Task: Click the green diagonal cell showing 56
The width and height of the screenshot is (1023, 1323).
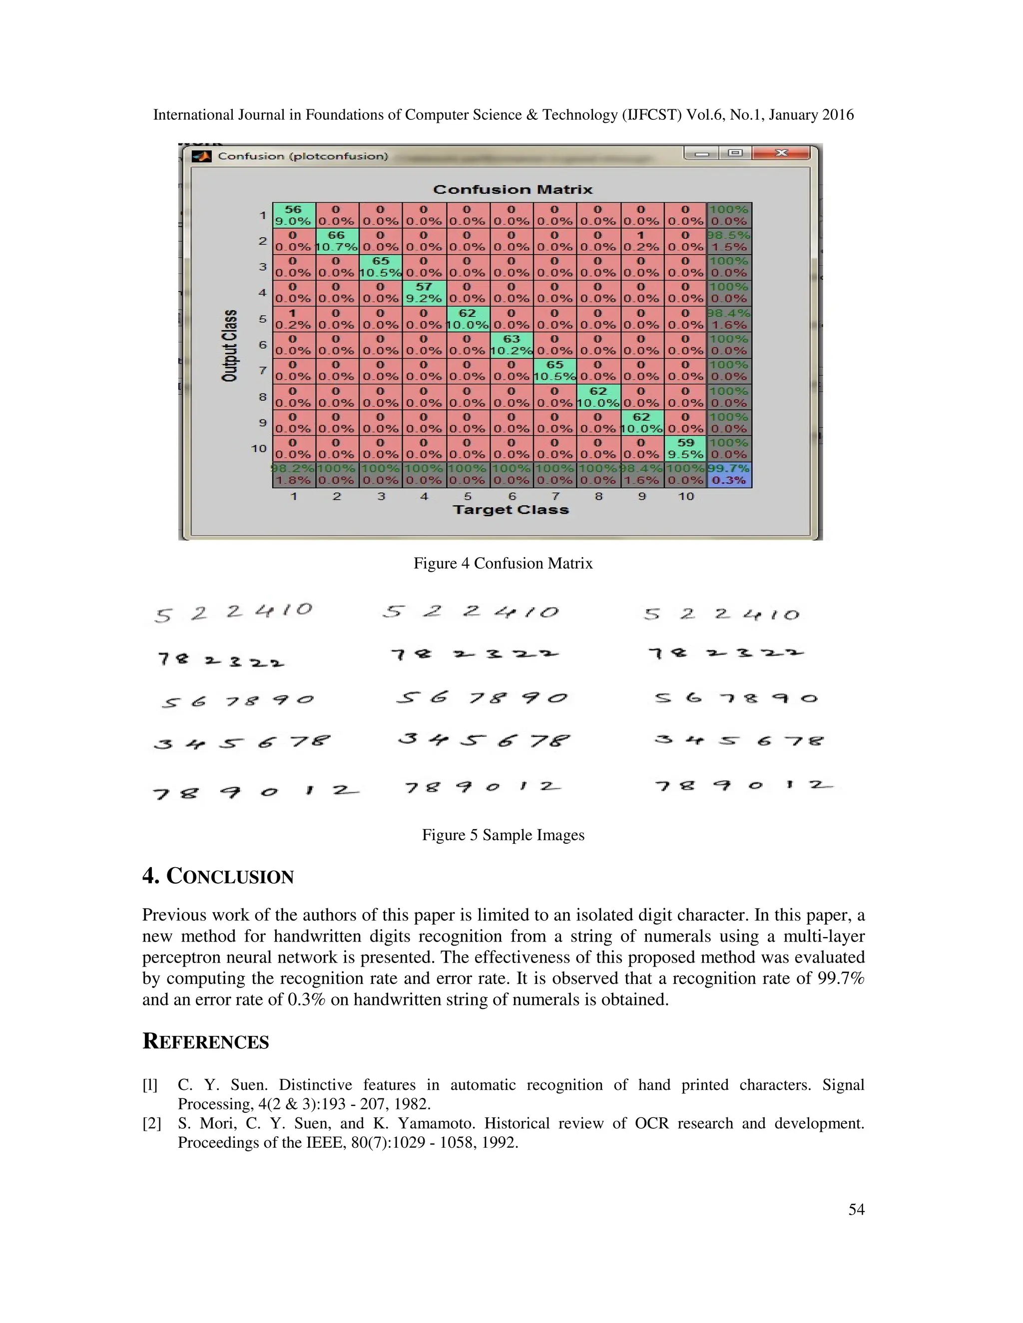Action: click(293, 215)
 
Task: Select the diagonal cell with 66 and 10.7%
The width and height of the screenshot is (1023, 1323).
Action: click(336, 241)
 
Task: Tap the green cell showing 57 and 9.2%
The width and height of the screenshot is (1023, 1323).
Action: click(424, 293)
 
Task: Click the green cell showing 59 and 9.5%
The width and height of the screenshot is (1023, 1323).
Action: click(685, 448)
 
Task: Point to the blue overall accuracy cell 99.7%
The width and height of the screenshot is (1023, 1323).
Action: click(729, 474)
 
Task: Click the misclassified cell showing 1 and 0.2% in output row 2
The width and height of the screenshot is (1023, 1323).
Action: click(641, 241)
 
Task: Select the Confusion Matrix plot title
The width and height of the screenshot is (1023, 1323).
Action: click(512, 190)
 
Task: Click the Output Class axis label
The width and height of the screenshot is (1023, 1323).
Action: click(230, 345)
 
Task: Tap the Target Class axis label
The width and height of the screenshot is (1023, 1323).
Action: click(511, 510)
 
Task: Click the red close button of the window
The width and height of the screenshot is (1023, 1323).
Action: click(781, 153)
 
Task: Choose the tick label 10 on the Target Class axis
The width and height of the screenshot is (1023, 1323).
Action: click(685, 496)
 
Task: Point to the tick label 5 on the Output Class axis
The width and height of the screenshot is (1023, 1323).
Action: click(262, 319)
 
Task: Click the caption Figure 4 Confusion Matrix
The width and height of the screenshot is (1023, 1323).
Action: click(503, 563)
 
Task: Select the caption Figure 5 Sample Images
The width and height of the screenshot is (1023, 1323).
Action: click(503, 835)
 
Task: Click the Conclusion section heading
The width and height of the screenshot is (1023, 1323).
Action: click(218, 877)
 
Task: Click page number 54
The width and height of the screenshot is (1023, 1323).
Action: click(856, 1209)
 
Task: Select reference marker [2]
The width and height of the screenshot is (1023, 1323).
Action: click(151, 1124)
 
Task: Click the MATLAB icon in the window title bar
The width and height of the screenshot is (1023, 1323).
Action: click(201, 156)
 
